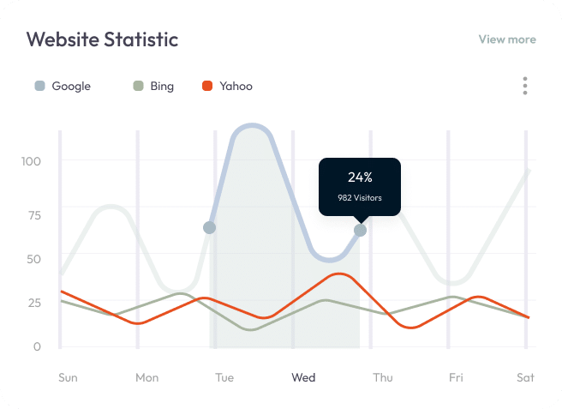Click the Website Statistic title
tap(102, 39)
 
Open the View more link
tap(506, 39)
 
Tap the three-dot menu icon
tap(524, 86)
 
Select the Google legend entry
tap(63, 86)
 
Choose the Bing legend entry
tap(153, 86)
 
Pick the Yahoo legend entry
tap(227, 86)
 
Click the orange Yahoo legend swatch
tap(206, 86)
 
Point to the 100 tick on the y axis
tap(32, 161)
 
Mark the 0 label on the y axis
tap(36, 346)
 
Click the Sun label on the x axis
tap(68, 377)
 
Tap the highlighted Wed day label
tap(303, 377)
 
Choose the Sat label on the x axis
tap(525, 377)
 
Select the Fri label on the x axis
tap(456, 377)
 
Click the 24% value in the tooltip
tap(360, 177)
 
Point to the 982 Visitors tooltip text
tap(360, 199)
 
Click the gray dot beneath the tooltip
tap(360, 230)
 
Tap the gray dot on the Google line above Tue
tap(209, 227)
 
